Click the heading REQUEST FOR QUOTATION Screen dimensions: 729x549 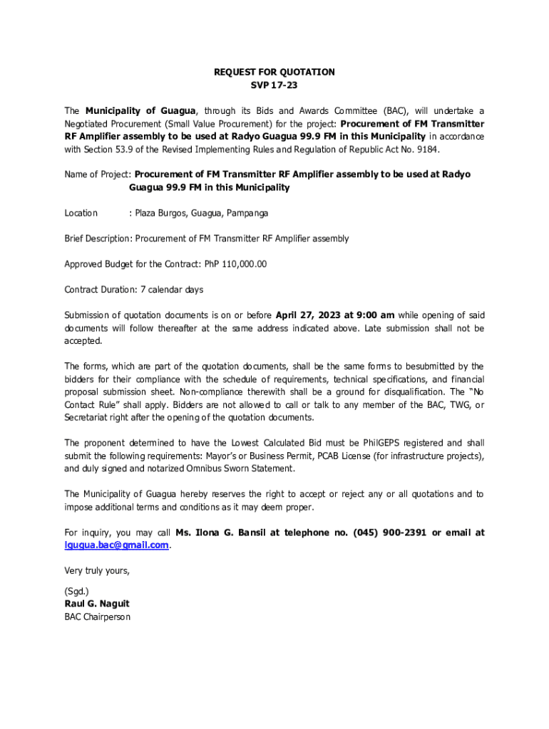point(274,72)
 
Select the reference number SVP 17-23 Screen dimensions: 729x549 point(274,85)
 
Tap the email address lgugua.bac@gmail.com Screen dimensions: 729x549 point(116,545)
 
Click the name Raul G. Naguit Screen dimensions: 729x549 point(97,604)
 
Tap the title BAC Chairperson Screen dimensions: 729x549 point(97,617)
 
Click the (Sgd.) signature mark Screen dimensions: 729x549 point(76,591)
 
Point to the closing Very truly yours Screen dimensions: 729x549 point(97,570)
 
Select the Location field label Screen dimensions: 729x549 point(81,213)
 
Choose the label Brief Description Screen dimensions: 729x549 point(98,238)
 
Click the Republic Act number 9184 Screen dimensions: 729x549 point(418,150)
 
